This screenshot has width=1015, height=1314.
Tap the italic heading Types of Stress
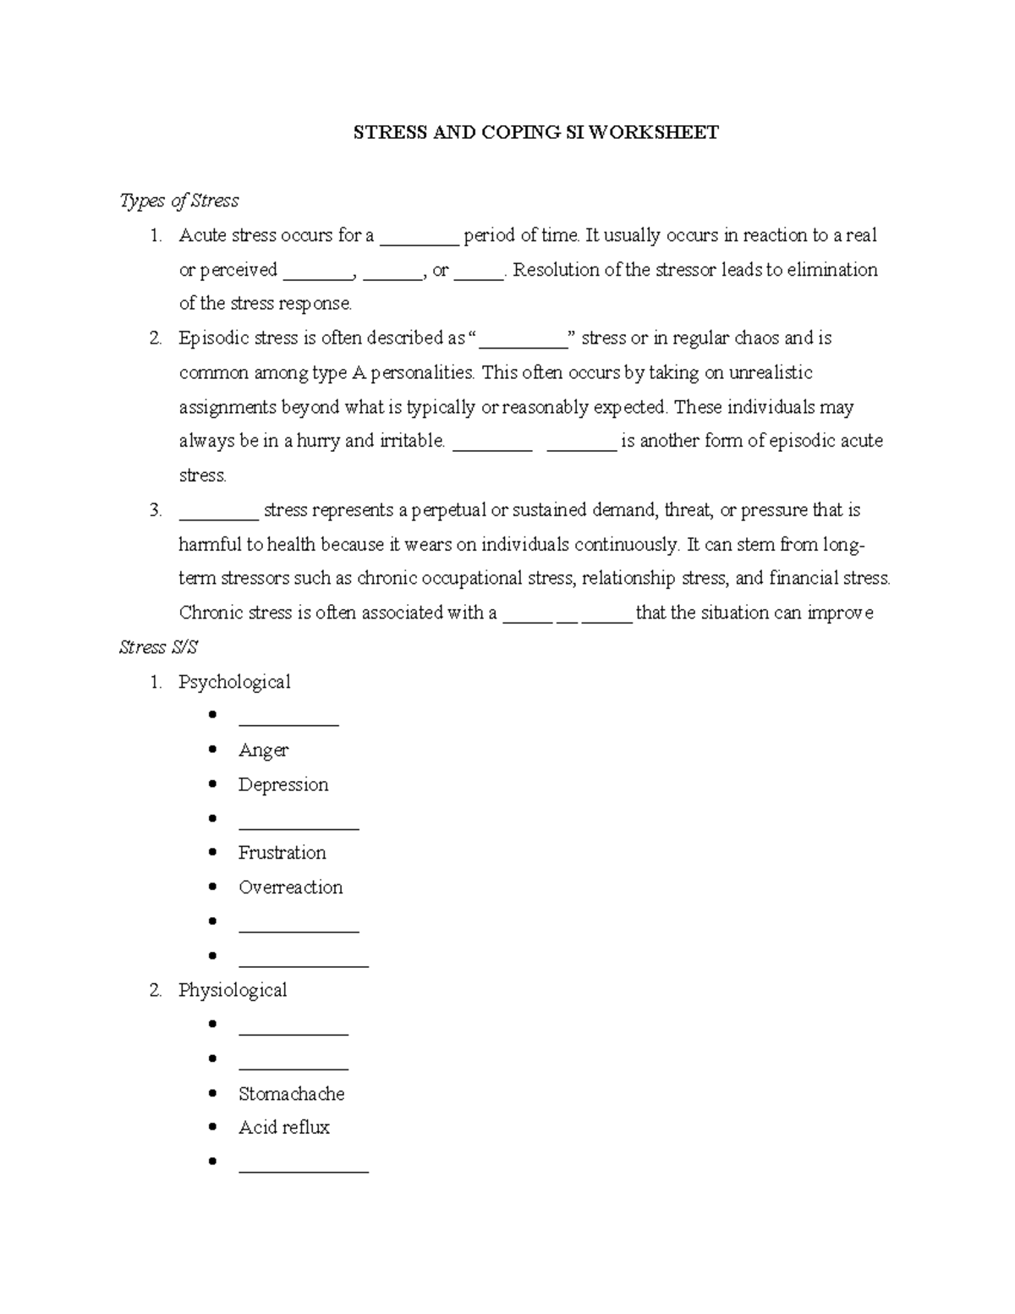click(x=179, y=201)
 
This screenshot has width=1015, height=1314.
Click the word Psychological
click(x=234, y=682)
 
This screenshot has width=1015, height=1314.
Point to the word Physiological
click(x=233, y=990)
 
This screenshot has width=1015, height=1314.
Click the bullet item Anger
click(x=263, y=750)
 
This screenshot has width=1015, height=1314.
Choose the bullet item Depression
click(x=283, y=784)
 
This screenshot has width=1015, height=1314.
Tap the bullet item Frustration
click(x=282, y=853)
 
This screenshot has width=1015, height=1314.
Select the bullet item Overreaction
click(x=290, y=888)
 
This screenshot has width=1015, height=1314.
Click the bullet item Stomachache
click(x=291, y=1093)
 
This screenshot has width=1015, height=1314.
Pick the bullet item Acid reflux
click(x=283, y=1127)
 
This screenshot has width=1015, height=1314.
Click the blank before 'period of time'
click(x=419, y=239)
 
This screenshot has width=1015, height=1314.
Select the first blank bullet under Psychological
click(x=288, y=720)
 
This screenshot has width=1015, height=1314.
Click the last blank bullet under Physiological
click(x=304, y=1166)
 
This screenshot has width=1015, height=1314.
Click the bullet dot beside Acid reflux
click(x=212, y=1127)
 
